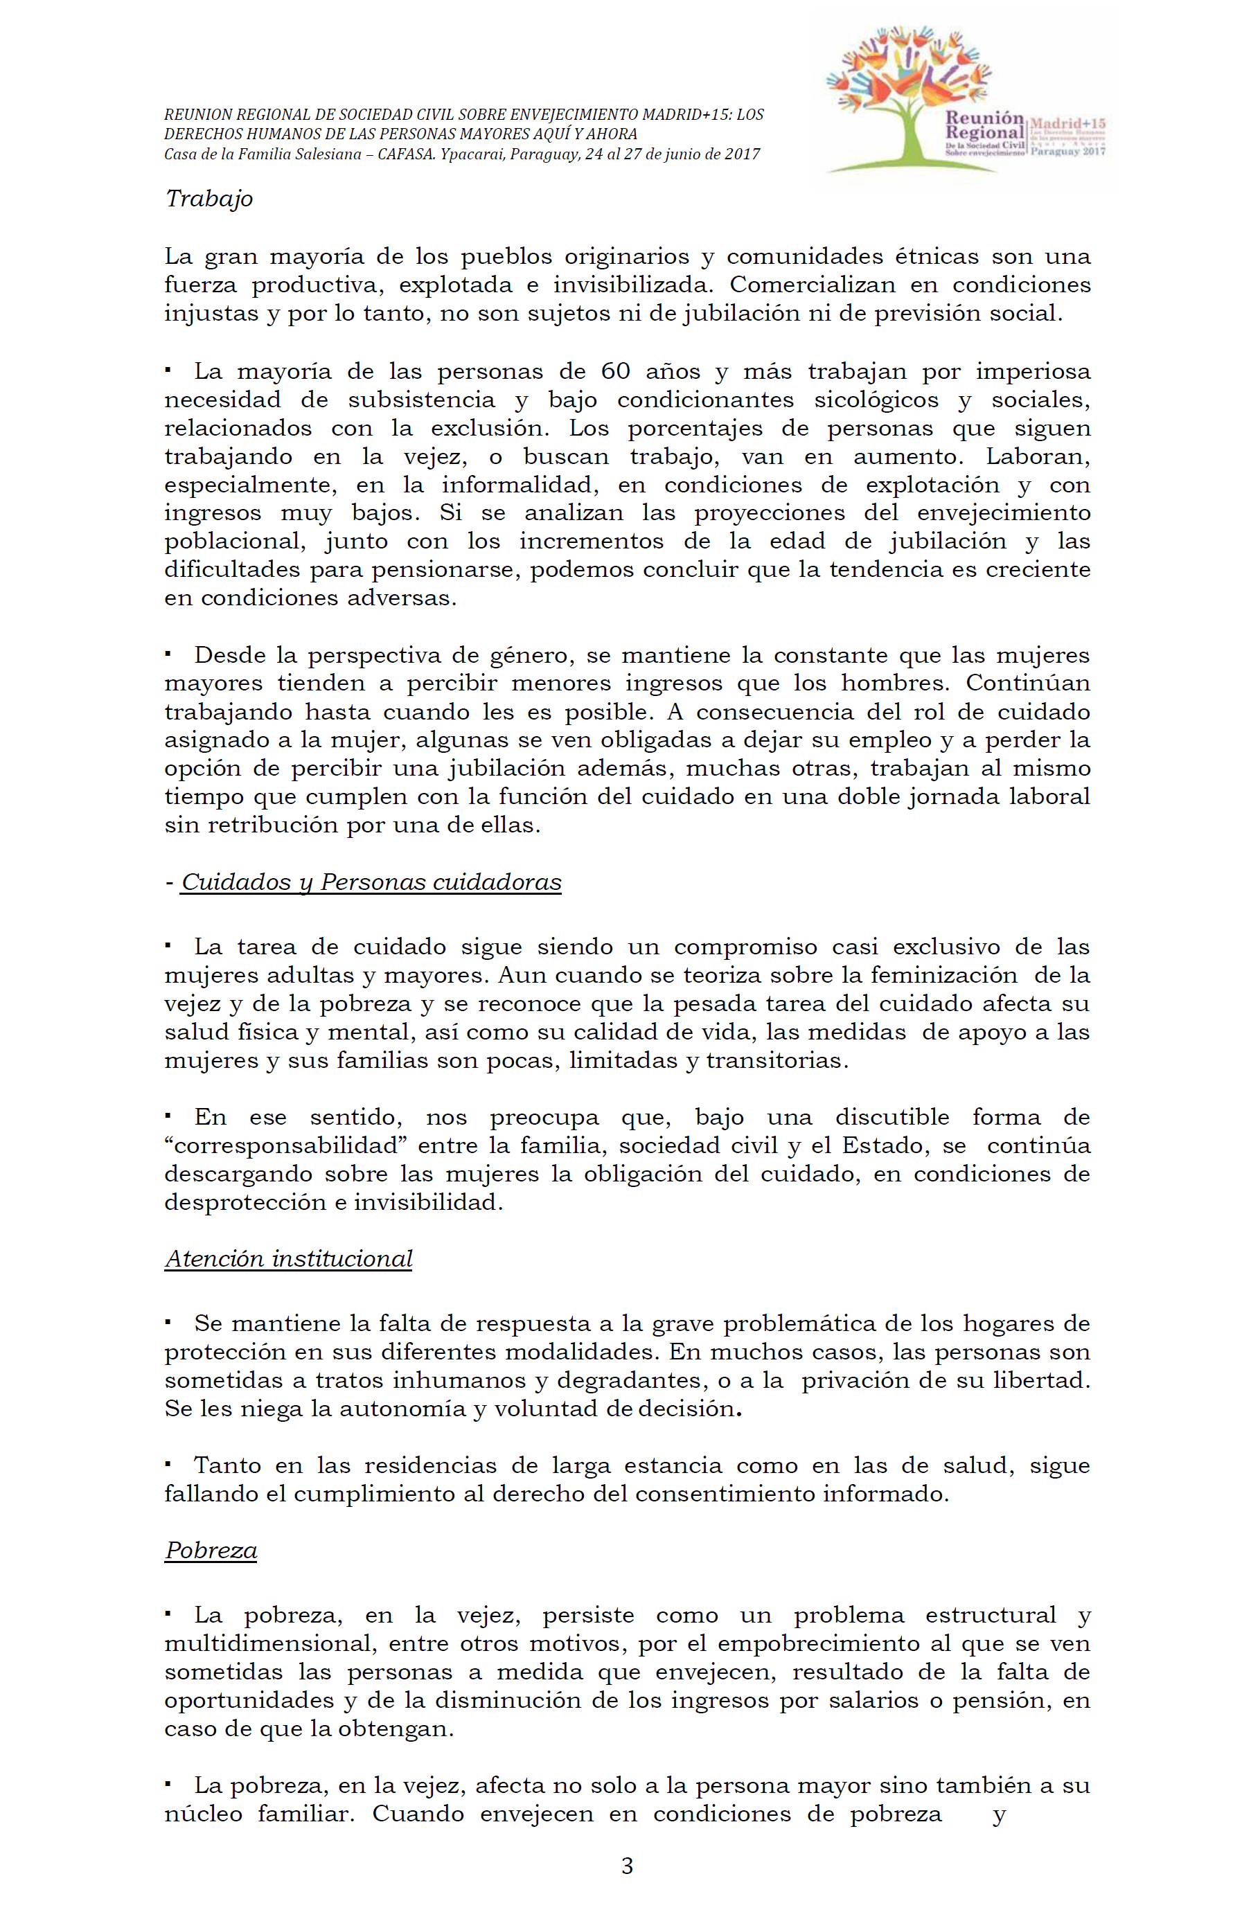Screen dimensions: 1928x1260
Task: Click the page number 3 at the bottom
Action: [626, 1866]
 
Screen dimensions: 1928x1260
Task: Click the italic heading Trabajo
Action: [209, 199]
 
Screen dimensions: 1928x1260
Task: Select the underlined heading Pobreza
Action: [211, 1551]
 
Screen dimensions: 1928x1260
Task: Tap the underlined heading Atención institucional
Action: [288, 1259]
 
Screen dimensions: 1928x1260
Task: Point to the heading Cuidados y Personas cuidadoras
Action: [371, 882]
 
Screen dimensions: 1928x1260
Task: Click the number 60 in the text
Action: [615, 371]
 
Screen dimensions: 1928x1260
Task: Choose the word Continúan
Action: [1027, 683]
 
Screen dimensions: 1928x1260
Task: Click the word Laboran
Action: [1037, 456]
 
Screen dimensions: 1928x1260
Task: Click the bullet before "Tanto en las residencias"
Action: [168, 1463]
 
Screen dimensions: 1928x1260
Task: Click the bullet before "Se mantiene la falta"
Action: [168, 1321]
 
